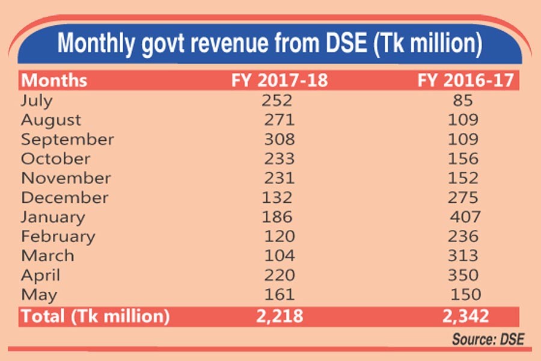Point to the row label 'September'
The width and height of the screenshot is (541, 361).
[x=67, y=140]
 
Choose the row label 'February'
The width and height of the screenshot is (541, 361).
[x=58, y=236]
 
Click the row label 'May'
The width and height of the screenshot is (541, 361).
[x=39, y=295]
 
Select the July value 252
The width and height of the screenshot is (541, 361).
[x=280, y=100]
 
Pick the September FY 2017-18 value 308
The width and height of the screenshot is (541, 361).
[x=280, y=140]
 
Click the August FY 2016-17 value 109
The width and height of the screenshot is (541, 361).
[x=463, y=120]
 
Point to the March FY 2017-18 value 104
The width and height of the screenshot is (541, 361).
[x=280, y=256]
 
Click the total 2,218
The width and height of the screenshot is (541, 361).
[x=279, y=315]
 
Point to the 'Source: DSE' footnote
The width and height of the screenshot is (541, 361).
[x=488, y=339]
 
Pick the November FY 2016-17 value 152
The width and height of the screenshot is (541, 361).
[x=463, y=178]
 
